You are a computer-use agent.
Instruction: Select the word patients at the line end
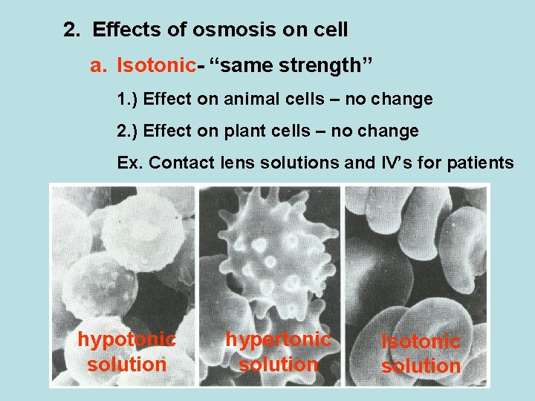[x=480, y=163]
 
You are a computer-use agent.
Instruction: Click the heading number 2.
[x=71, y=30]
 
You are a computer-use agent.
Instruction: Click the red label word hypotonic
[x=126, y=340]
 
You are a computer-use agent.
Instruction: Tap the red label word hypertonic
[x=278, y=340]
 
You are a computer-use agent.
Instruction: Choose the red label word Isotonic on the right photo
[x=421, y=342]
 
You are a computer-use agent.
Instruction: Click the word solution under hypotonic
[x=126, y=365]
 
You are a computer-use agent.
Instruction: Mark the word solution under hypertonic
[x=278, y=365]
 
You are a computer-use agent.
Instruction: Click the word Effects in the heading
[x=123, y=30]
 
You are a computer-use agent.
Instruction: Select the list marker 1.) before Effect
[x=128, y=99]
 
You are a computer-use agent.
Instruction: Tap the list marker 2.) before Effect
[x=128, y=131]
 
